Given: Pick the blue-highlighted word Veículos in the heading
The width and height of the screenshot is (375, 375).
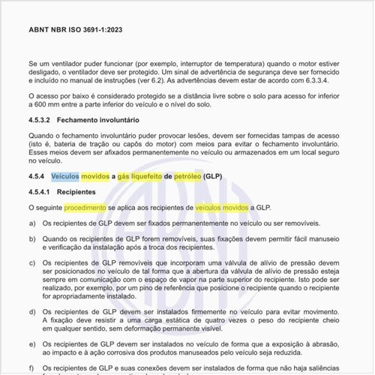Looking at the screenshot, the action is pos(64,177).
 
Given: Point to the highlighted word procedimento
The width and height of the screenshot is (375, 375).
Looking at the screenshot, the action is pos(85,205).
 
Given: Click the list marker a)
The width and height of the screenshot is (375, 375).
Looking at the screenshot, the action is pos(31,223).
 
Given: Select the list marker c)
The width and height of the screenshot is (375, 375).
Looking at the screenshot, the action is pos(31,263).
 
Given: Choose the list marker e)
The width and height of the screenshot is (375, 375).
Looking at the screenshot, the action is pos(31,343).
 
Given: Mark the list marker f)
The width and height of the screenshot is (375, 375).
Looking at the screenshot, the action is pos(31,369).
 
